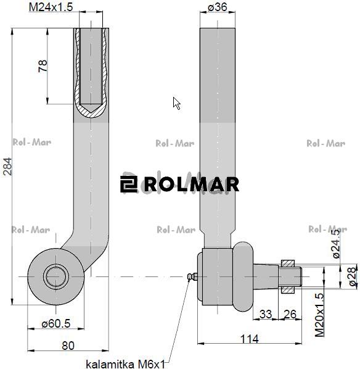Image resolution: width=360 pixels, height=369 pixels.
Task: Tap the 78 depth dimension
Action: [43, 66]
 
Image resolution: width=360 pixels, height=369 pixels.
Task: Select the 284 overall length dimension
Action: [8, 166]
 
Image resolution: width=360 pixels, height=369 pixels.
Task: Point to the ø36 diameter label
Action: [218, 7]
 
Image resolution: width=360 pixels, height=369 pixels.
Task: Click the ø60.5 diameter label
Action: [56, 322]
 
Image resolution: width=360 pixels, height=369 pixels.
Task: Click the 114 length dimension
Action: [248, 338]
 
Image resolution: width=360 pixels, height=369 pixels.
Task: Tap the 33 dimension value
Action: [266, 315]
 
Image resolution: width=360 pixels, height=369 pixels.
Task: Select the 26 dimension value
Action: [289, 315]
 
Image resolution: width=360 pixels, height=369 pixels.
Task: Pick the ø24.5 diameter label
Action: [336, 244]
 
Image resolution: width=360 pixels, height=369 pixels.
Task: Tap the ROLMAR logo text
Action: [180, 184]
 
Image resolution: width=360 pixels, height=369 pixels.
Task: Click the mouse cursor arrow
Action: [176, 103]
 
